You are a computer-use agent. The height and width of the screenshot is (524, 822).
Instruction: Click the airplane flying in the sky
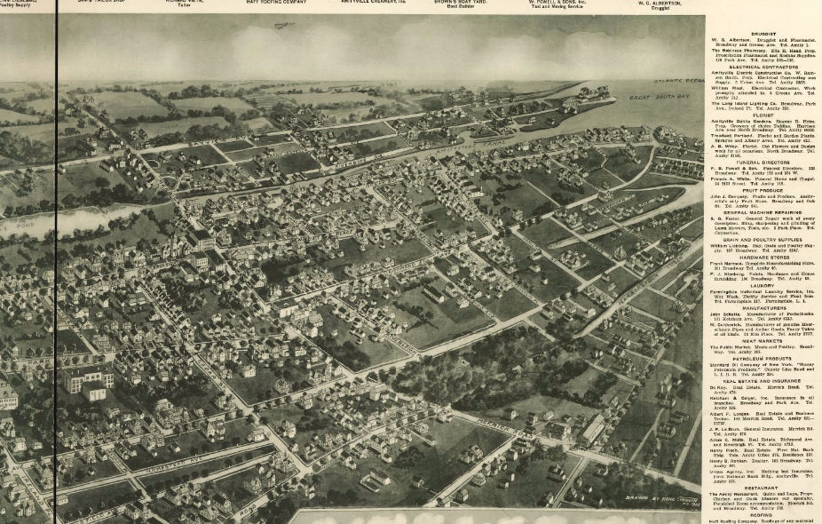click(x=282, y=27)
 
